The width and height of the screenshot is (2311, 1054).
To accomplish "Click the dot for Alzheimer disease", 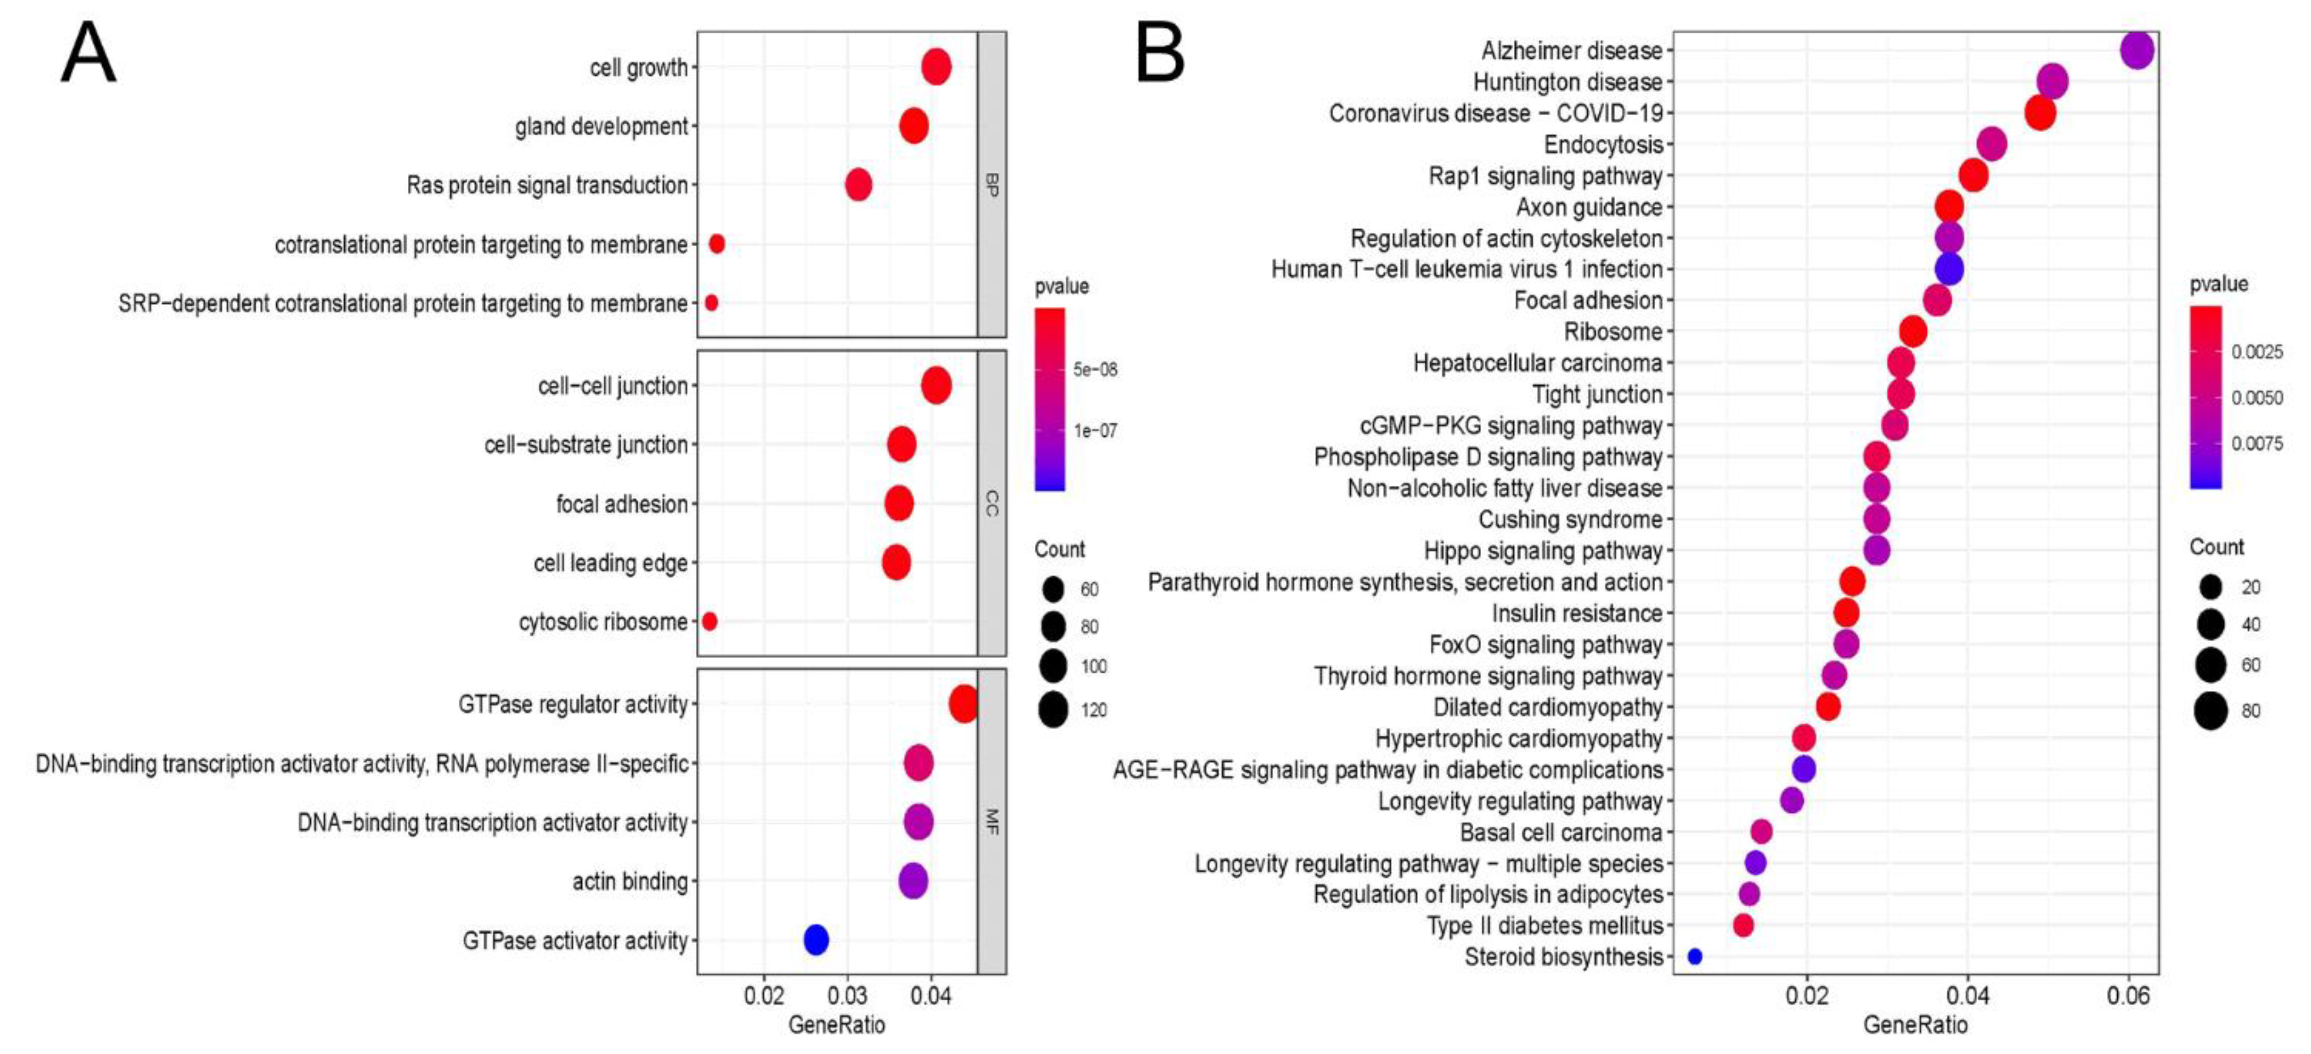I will coord(2137,50).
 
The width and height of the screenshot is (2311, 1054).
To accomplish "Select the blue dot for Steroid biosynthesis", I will coord(1695,956).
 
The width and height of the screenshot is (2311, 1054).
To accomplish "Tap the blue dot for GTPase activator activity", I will coord(816,939).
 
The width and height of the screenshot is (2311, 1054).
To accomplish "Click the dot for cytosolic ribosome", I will coord(710,621).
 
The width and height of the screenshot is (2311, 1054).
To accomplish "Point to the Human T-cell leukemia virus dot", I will coord(1949,268).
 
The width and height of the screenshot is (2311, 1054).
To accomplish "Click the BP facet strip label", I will coord(991,185).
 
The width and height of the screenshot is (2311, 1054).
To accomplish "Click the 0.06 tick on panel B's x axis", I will coord(2128,996).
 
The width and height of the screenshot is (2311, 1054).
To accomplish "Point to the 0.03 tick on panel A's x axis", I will coord(847,996).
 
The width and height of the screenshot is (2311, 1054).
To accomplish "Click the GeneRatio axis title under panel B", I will coord(1916,1025).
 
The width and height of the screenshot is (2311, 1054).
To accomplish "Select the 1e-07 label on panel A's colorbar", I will coord(1095,430).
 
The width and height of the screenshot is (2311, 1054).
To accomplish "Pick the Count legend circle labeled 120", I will coord(1053,709).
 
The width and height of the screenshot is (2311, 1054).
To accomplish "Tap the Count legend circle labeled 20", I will coord(2210,587).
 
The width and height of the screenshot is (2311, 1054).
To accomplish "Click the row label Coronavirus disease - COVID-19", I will coord(1495,113).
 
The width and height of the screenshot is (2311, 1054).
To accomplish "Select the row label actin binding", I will coord(630,881).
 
